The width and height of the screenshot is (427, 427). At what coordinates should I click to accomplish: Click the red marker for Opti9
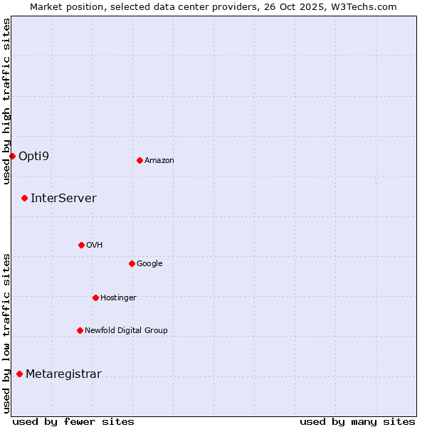point(12,156)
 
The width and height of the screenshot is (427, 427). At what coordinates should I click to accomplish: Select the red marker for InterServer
point(24,198)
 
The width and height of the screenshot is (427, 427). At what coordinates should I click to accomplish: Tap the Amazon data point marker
point(139,160)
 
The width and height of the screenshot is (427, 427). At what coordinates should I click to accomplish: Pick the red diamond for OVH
point(81,245)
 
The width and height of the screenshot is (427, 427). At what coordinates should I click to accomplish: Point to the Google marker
point(132,263)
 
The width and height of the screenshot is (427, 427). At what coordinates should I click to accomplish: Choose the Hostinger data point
point(95,297)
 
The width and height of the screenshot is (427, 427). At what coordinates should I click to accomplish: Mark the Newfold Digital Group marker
point(80,330)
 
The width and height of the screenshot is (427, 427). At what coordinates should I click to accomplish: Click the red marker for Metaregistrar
point(19,374)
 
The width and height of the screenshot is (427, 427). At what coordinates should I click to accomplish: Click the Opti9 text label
point(33,156)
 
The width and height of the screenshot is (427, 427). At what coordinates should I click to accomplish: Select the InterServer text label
point(63,198)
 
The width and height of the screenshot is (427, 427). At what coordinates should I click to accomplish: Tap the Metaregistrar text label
point(63,374)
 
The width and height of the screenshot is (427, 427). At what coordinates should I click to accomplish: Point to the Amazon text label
point(159,160)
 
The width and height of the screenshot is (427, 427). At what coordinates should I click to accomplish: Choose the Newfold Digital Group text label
point(126,330)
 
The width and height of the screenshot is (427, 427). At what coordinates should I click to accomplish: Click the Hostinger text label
point(118,297)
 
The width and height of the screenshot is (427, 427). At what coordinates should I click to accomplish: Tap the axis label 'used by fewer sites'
point(73,421)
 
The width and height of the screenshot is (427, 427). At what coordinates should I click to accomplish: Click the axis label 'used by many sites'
point(357,421)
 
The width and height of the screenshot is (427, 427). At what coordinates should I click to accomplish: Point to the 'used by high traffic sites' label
point(6,101)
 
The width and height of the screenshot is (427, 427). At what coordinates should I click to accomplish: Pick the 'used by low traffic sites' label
point(6,333)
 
